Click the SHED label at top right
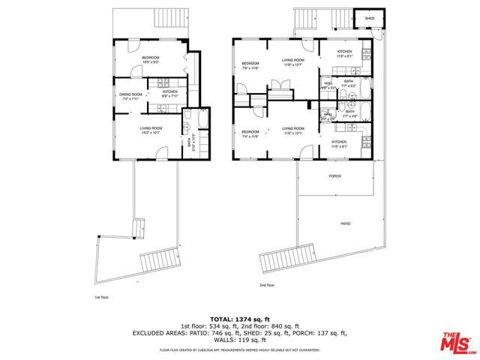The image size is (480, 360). (x=370, y=18)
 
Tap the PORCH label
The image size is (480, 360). (x=334, y=176)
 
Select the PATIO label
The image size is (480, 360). (x=346, y=223)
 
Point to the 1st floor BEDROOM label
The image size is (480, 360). (x=152, y=58)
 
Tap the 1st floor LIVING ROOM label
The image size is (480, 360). (x=151, y=128)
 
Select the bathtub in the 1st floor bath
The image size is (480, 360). (x=187, y=120)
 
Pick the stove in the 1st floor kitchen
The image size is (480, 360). (x=169, y=82)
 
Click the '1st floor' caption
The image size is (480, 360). (x=100, y=297)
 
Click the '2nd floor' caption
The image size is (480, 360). (x=267, y=285)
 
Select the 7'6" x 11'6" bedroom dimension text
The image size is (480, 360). (x=250, y=68)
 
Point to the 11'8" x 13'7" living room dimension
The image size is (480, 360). (x=292, y=64)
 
